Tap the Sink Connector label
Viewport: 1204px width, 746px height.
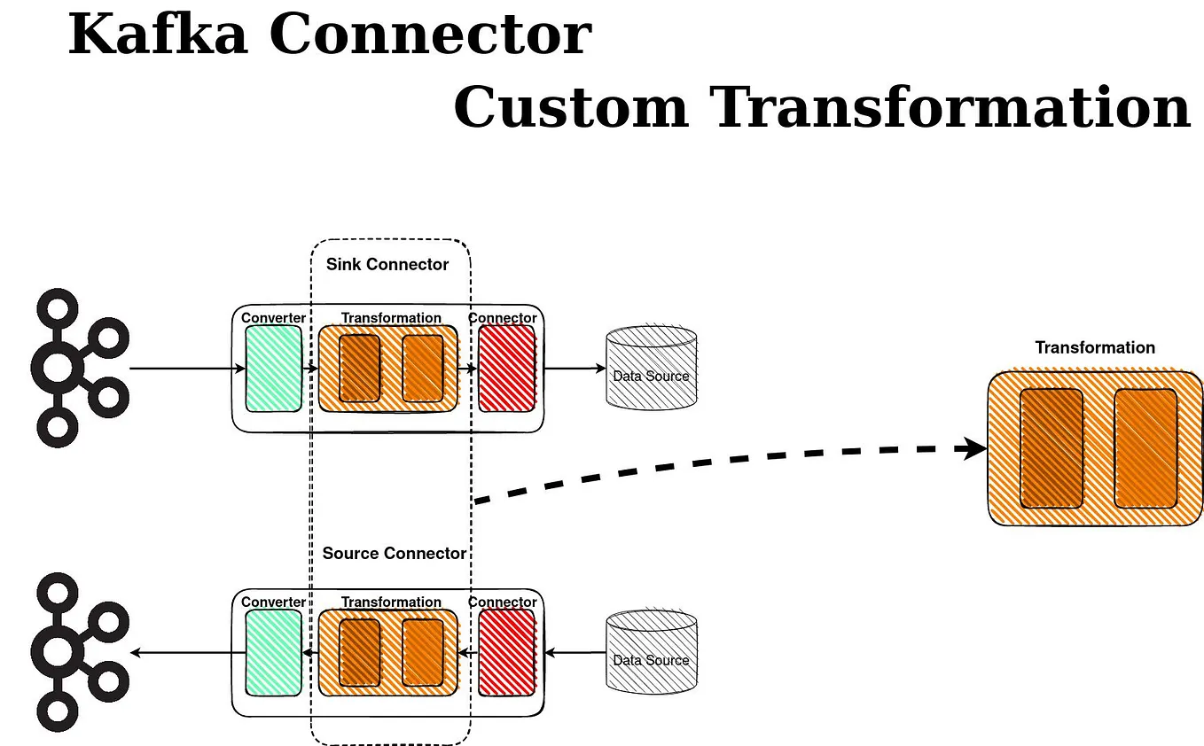point(387,264)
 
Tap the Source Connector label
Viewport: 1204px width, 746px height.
point(394,553)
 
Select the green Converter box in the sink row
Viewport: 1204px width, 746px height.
point(273,368)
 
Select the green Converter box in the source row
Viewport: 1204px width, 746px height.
point(273,653)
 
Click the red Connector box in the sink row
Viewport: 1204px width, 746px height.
point(507,368)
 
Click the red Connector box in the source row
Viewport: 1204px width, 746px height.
point(507,653)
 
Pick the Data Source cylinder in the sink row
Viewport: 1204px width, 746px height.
point(651,368)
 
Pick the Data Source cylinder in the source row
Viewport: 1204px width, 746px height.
point(651,653)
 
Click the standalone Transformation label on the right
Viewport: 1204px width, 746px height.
point(1095,347)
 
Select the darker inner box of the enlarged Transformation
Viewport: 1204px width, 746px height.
point(1052,448)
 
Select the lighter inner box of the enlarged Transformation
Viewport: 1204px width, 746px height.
point(1145,448)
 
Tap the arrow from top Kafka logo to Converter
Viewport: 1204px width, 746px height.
point(186,368)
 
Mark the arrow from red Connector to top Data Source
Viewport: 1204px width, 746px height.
point(573,368)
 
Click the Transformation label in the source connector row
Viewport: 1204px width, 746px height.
point(391,602)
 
